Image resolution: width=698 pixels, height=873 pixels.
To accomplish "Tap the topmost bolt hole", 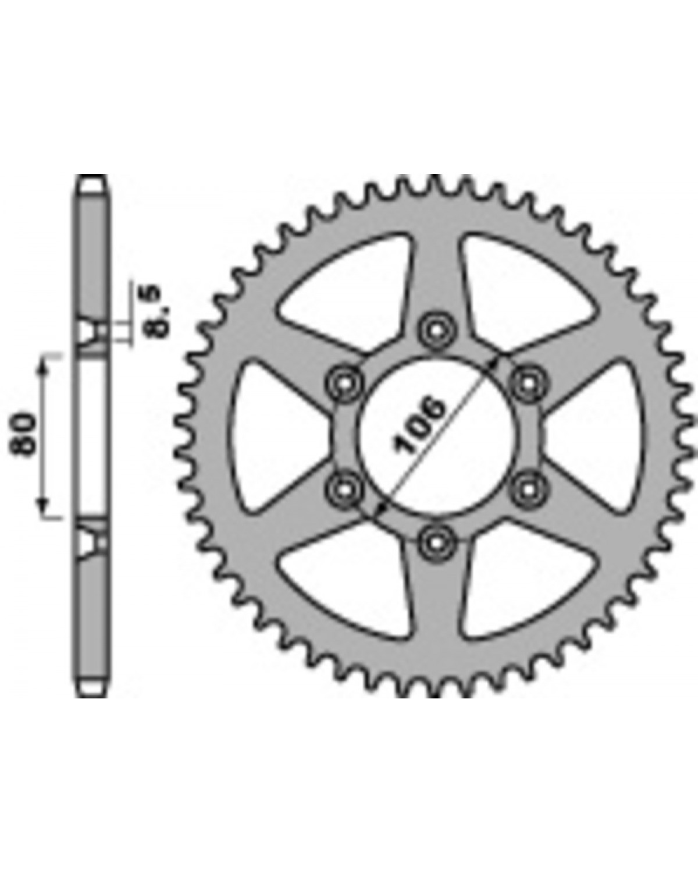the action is pos(436,330).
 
